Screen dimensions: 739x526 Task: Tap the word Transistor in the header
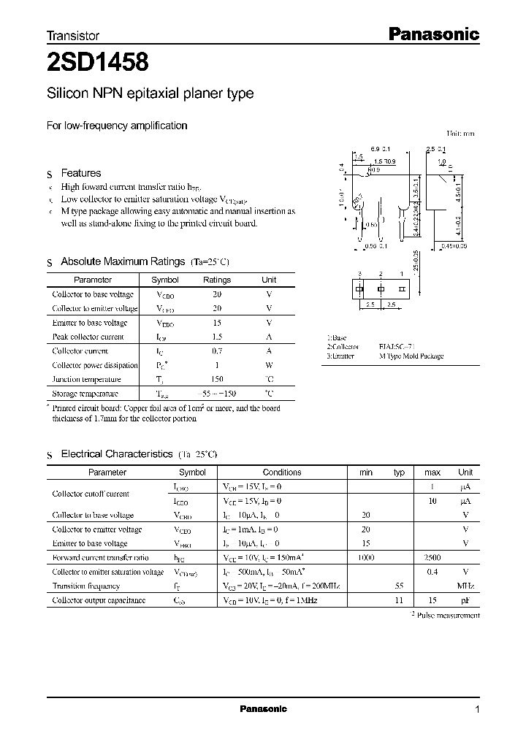pyautogui.click(x=73, y=35)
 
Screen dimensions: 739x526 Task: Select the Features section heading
pyautogui.click(x=80, y=173)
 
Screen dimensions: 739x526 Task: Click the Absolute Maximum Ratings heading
pyautogui.click(x=123, y=261)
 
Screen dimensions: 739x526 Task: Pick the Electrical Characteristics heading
pyautogui.click(x=116, y=453)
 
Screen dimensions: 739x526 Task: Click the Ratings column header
pyautogui.click(x=216, y=280)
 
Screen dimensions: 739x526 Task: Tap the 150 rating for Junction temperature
pyautogui.click(x=216, y=379)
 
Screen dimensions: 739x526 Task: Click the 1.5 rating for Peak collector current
pyautogui.click(x=216, y=337)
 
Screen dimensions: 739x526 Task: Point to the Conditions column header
pyautogui.click(x=282, y=472)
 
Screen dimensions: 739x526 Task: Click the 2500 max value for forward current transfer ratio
pyautogui.click(x=432, y=557)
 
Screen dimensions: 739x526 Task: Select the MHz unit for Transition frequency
pyautogui.click(x=465, y=586)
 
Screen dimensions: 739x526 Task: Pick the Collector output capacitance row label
pyautogui.click(x=99, y=600)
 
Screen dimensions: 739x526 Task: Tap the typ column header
pyautogui.click(x=399, y=472)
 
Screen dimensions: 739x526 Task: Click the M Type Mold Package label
pyautogui.click(x=411, y=356)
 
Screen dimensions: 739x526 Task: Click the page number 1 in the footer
pyautogui.click(x=477, y=709)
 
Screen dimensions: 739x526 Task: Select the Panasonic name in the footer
pyautogui.click(x=264, y=709)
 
